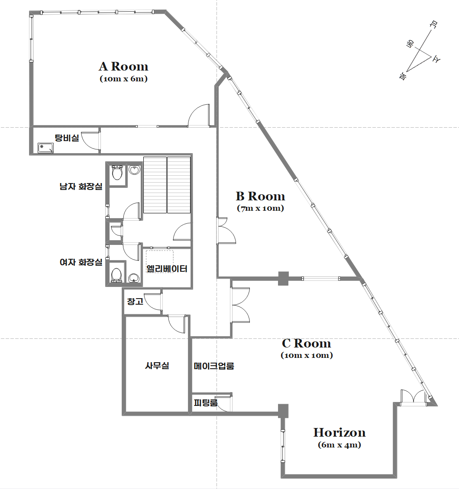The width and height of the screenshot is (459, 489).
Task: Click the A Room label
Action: click(x=123, y=67)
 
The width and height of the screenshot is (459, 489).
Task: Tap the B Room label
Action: click(x=261, y=196)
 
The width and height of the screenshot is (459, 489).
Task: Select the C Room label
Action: click(x=307, y=343)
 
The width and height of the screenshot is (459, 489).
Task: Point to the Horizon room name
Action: click(x=339, y=433)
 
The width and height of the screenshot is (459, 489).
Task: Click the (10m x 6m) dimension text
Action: click(x=123, y=79)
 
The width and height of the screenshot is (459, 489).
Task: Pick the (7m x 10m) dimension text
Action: click(x=261, y=208)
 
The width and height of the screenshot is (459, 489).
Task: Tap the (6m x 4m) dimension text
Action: click(x=339, y=445)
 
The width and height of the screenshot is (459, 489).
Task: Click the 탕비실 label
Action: click(x=67, y=138)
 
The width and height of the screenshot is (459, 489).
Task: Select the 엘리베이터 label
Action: click(x=167, y=269)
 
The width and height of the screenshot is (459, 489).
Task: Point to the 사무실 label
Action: click(x=157, y=366)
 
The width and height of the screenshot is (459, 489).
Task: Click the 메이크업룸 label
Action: click(x=214, y=366)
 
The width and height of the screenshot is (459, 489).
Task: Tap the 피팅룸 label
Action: click(x=206, y=402)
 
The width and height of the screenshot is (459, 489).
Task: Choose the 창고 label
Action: click(x=135, y=301)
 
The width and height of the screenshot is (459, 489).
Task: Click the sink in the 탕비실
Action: click(x=45, y=148)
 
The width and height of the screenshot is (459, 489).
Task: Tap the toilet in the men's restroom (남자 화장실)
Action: click(x=117, y=173)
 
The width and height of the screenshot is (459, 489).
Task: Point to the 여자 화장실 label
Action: click(x=81, y=262)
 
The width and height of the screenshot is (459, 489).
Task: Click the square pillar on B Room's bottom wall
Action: click(x=283, y=279)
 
